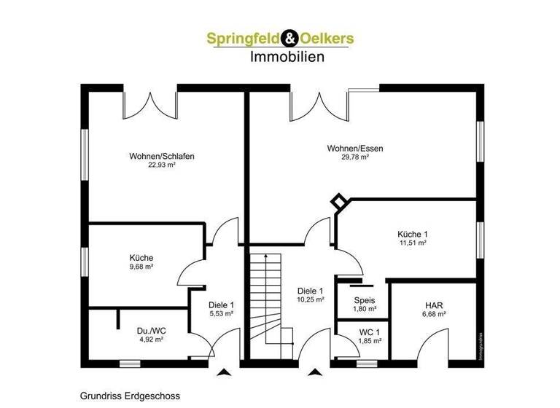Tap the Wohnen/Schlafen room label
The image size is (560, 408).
[x=162, y=156]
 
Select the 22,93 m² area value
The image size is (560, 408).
[x=162, y=165]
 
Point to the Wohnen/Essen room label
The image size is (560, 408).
[x=355, y=148]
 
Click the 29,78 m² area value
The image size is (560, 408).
[x=355, y=157]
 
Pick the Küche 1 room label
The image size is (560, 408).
[x=413, y=234]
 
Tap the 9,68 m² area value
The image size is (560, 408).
[x=141, y=267]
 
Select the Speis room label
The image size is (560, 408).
[x=365, y=300]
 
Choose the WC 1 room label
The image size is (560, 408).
[x=370, y=331]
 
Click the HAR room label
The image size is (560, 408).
[x=435, y=305]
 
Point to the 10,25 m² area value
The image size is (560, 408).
[x=310, y=299]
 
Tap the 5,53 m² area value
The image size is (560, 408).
[x=220, y=313]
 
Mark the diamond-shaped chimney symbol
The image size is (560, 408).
[x=339, y=202]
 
